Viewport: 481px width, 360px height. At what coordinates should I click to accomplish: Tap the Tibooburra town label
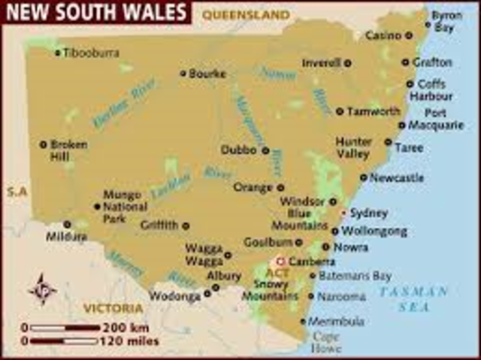[x=91, y=53]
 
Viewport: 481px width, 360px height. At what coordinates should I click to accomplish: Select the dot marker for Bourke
[x=183, y=74]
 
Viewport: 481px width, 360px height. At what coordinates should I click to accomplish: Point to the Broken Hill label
[x=68, y=150]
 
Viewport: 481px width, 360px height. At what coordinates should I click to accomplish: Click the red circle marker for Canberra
[x=282, y=262]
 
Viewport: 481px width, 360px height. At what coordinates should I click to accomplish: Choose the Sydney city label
[x=368, y=213]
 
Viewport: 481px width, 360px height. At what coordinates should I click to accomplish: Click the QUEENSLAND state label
[x=246, y=14]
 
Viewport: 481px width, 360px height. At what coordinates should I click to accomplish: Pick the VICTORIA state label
[x=113, y=308]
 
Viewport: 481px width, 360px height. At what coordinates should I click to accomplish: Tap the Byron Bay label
[x=447, y=21]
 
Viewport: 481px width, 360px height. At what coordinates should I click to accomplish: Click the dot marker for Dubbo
[x=265, y=150]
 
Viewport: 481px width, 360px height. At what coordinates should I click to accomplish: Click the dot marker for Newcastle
[x=364, y=178]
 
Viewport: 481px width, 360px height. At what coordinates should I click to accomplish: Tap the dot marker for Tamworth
[x=340, y=111]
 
